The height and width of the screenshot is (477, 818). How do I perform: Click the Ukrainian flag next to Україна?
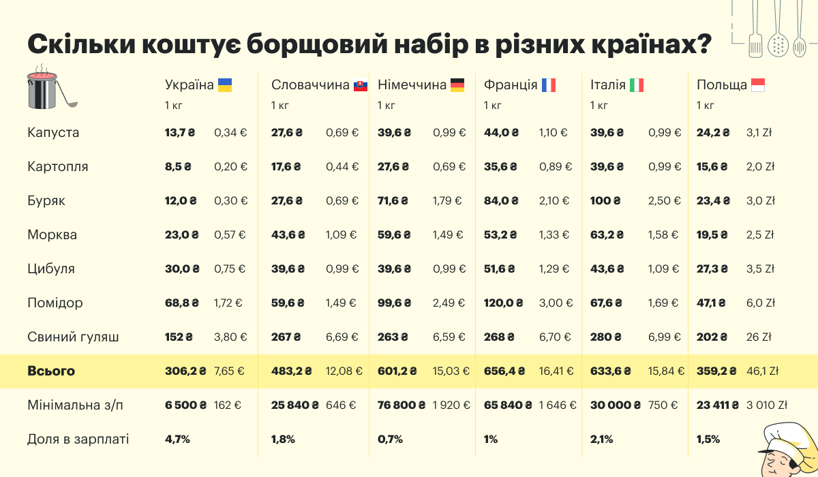point(225,85)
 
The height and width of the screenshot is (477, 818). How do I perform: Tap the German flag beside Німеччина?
point(457,85)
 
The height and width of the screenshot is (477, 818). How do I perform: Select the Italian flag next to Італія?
point(637,85)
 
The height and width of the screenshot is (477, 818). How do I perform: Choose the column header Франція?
point(511,85)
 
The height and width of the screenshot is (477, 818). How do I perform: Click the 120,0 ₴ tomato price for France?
point(503,303)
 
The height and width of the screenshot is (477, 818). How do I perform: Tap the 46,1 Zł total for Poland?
point(763,371)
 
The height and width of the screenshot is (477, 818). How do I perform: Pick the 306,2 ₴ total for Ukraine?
point(185,371)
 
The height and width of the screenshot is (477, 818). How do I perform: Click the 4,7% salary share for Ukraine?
point(177,440)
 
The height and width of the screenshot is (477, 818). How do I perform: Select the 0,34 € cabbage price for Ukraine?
point(230,132)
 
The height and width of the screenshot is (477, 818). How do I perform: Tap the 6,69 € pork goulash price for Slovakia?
point(342,337)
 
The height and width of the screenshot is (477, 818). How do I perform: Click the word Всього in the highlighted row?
point(51,371)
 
